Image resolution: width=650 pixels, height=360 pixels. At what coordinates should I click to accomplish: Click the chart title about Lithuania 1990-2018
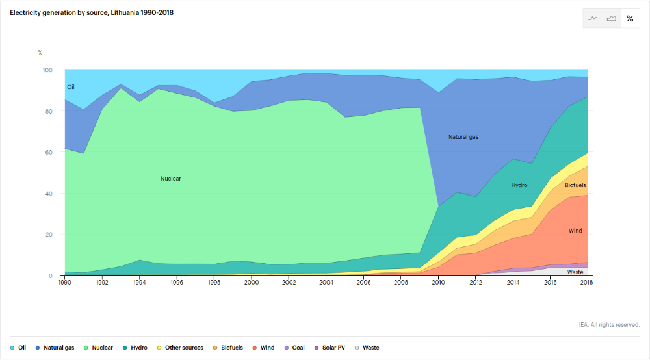[92, 13]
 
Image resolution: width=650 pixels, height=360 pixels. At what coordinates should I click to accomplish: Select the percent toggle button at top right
[630, 19]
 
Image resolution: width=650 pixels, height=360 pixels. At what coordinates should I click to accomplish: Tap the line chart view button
[593, 19]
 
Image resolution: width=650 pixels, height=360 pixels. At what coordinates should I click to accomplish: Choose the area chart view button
[611, 19]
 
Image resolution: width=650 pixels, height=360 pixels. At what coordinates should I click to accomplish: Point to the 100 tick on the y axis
[47, 70]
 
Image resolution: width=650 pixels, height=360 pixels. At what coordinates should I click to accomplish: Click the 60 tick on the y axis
[48, 152]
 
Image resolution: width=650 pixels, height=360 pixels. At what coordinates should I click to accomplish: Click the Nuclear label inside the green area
[170, 179]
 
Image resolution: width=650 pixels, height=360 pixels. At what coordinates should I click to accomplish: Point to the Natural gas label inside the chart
[463, 137]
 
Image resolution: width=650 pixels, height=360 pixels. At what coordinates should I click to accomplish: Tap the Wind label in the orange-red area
[575, 231]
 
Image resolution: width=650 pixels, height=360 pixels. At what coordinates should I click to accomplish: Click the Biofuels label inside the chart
[575, 185]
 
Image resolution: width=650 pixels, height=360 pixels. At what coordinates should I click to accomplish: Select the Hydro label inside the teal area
[519, 185]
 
